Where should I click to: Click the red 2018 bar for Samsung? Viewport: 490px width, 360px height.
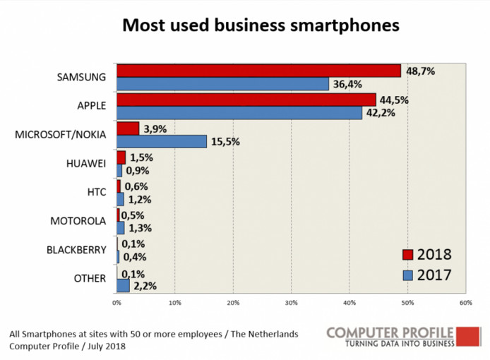258,71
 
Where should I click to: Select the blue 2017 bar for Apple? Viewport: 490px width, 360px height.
239,113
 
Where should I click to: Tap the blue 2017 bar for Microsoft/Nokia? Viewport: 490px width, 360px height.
162,141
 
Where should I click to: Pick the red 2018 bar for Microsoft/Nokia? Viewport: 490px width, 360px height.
128,128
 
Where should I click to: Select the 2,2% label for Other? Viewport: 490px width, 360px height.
144,286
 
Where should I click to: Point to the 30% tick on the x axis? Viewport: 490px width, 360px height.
291,303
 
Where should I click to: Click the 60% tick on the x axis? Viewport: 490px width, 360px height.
465,303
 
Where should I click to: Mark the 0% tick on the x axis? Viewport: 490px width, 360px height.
117,303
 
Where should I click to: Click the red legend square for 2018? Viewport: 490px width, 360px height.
407,255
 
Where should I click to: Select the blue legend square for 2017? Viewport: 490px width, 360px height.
407,275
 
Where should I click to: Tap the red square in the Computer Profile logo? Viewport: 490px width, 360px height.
469,336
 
